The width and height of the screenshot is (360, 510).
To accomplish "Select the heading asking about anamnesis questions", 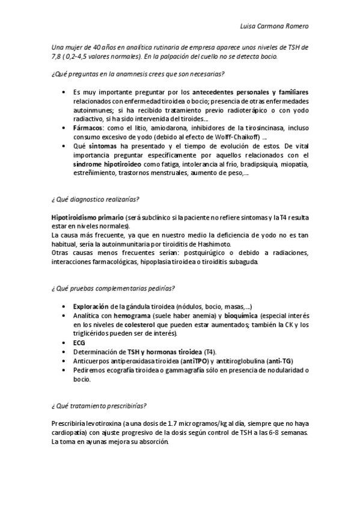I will [x=138, y=74].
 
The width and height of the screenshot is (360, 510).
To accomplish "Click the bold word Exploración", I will [x=90, y=306].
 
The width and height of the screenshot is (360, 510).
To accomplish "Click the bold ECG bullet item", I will [x=79, y=342].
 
